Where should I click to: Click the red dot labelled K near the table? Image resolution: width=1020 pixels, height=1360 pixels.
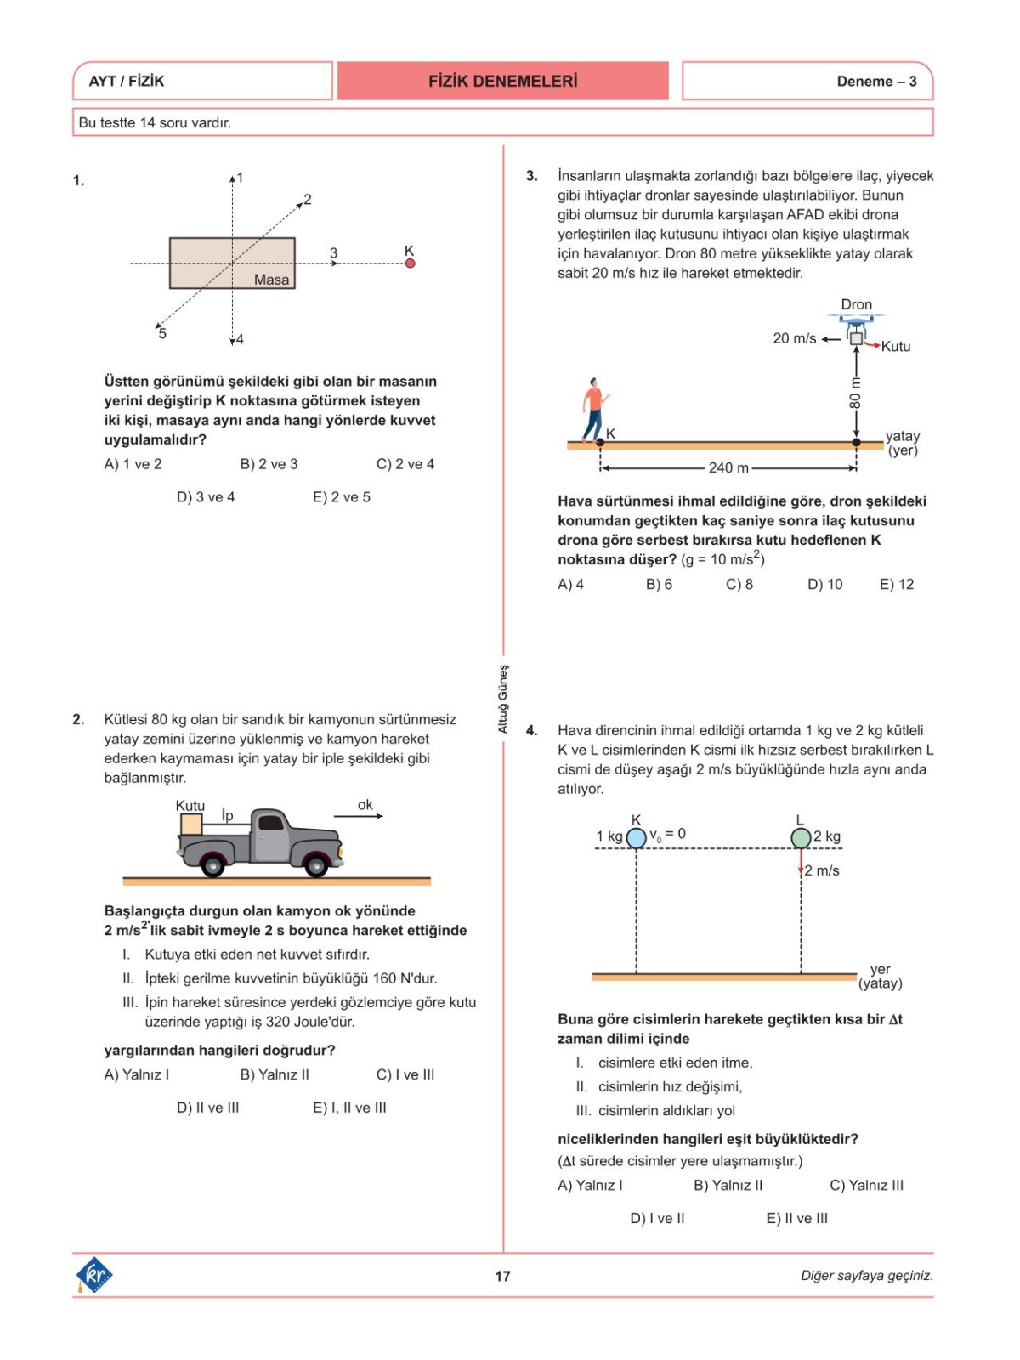[x=410, y=263]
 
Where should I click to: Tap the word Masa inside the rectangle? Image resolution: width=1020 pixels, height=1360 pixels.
[x=271, y=280]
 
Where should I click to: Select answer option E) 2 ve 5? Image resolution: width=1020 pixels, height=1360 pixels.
[x=342, y=497]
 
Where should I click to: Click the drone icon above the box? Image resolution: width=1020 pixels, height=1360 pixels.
[x=856, y=321]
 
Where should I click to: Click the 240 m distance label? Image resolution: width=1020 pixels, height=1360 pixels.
[x=728, y=467]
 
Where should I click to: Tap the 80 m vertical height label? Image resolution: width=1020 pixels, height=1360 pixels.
[x=855, y=392]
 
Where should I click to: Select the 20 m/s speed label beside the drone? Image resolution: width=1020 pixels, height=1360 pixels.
[x=794, y=338]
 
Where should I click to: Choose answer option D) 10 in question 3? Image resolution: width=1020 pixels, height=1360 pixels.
[x=824, y=584]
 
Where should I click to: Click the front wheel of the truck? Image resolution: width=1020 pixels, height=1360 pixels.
[x=316, y=865]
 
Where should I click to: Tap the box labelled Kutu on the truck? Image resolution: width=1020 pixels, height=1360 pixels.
[x=191, y=824]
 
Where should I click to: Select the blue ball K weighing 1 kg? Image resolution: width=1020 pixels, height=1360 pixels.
[x=636, y=838]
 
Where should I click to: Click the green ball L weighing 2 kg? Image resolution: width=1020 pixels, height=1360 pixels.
[x=801, y=838]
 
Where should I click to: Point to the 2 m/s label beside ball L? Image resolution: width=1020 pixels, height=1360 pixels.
[x=822, y=870]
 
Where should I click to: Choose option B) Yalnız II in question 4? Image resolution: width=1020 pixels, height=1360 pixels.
[x=728, y=1185]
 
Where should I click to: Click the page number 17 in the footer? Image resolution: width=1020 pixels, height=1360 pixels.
[x=502, y=1276]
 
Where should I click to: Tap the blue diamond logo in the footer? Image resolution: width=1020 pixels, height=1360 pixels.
[x=94, y=1275]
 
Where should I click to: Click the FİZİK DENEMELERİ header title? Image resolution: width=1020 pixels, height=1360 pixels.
[x=502, y=82]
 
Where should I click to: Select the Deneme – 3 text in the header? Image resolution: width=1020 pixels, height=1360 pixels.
[x=876, y=82]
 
